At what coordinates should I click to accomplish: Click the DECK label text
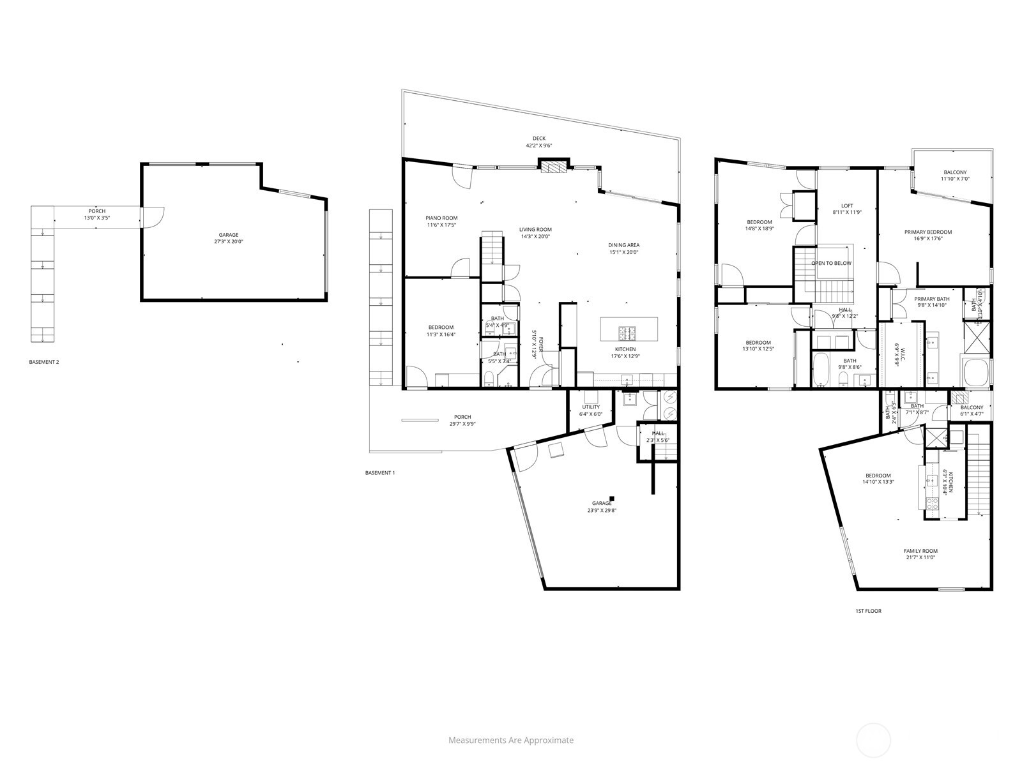(539, 139)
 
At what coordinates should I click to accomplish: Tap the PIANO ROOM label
(442, 218)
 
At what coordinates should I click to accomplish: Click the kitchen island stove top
(627, 333)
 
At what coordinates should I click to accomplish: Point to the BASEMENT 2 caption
(44, 363)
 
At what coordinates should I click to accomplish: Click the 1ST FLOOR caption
(868, 611)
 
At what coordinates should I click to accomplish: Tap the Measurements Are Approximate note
(511, 740)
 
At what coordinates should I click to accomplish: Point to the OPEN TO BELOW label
(831, 263)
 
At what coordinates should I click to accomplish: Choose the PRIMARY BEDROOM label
(928, 232)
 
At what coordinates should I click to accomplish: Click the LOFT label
(847, 206)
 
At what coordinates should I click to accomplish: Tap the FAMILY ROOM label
(920, 551)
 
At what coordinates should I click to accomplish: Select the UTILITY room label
(591, 407)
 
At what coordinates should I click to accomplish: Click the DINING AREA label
(623, 245)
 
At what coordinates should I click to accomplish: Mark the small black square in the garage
(612, 499)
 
